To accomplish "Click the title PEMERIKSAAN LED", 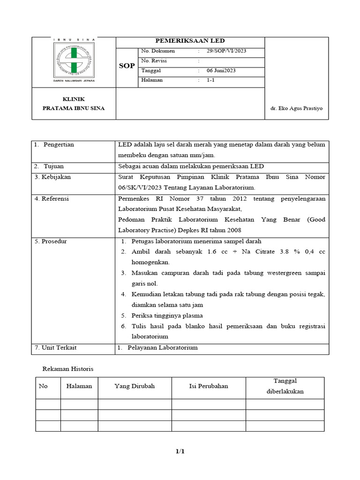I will (x=190, y=41).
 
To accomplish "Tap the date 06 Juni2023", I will (x=221, y=71).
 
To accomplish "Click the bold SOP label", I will (x=126, y=66).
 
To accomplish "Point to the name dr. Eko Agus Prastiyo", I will (x=296, y=109).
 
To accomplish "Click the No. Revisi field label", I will (x=154, y=61).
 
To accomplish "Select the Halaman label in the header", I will (x=152, y=80).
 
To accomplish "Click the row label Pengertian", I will (x=59, y=145).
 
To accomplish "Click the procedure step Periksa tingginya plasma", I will (x=167, y=315).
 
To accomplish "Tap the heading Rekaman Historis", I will (x=68, y=369).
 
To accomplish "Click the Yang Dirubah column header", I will (x=135, y=386).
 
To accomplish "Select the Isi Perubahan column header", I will (x=208, y=386).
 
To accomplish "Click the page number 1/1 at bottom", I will (x=180, y=451).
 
